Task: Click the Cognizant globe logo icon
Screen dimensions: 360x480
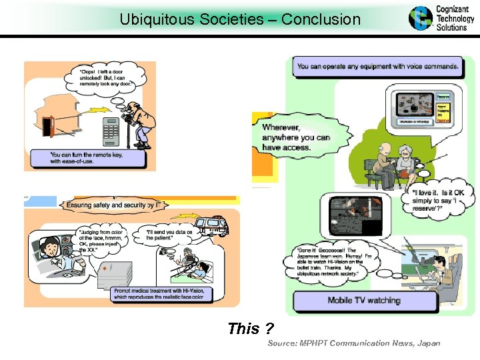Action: point(421,18)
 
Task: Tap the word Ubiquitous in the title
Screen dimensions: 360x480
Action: point(154,19)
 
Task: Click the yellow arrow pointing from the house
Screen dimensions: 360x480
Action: point(91,109)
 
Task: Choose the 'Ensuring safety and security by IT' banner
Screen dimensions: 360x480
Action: point(113,206)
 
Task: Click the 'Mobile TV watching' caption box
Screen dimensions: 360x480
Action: point(364,301)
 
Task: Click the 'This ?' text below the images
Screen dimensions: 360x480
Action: point(250,329)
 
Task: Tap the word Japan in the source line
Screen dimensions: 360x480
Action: point(429,343)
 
